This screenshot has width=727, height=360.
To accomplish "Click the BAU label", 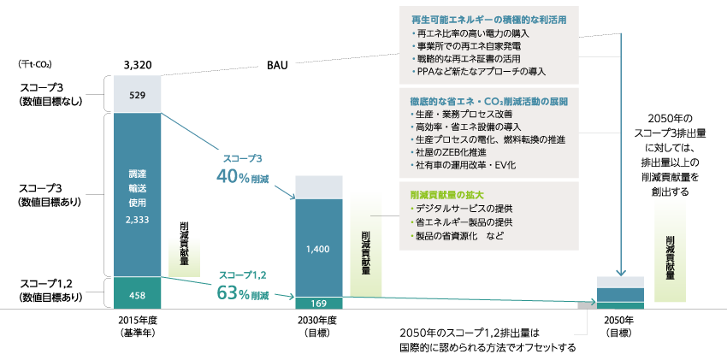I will point(276,65).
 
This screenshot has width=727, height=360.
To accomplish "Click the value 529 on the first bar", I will point(137,94).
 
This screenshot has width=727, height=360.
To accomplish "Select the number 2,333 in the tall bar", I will point(137,220).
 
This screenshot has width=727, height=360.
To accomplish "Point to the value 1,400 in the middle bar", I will point(317,249).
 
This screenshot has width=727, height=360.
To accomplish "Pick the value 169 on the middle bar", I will point(317,303).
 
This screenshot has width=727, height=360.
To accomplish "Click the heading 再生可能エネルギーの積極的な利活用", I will point(488,19).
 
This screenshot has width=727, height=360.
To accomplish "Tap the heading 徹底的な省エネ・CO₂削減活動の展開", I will point(489,101).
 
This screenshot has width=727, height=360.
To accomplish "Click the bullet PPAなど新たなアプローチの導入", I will point(478,71).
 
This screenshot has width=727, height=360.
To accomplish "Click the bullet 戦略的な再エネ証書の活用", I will point(467,58).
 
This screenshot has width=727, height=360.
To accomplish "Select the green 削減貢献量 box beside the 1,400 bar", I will point(366,244).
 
